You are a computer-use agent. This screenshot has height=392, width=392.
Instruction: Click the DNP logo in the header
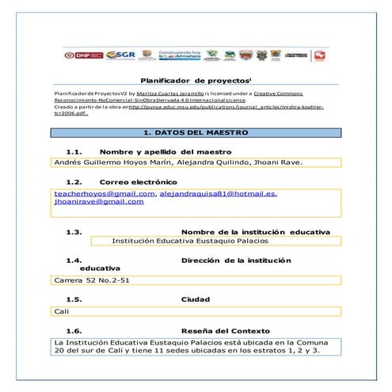pyautogui.click(x=81, y=55)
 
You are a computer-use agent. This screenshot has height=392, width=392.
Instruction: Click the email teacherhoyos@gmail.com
pyautogui.click(x=104, y=193)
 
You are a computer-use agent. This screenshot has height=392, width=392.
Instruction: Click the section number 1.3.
pyautogui.click(x=74, y=232)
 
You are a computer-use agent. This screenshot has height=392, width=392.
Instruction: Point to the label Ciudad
pyautogui.click(x=195, y=299)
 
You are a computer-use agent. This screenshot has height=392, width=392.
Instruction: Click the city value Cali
pyautogui.click(x=61, y=311)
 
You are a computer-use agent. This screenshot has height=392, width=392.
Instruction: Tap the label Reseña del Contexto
pyautogui.click(x=225, y=330)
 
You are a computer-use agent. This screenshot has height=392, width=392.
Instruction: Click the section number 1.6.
pyautogui.click(x=74, y=330)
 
